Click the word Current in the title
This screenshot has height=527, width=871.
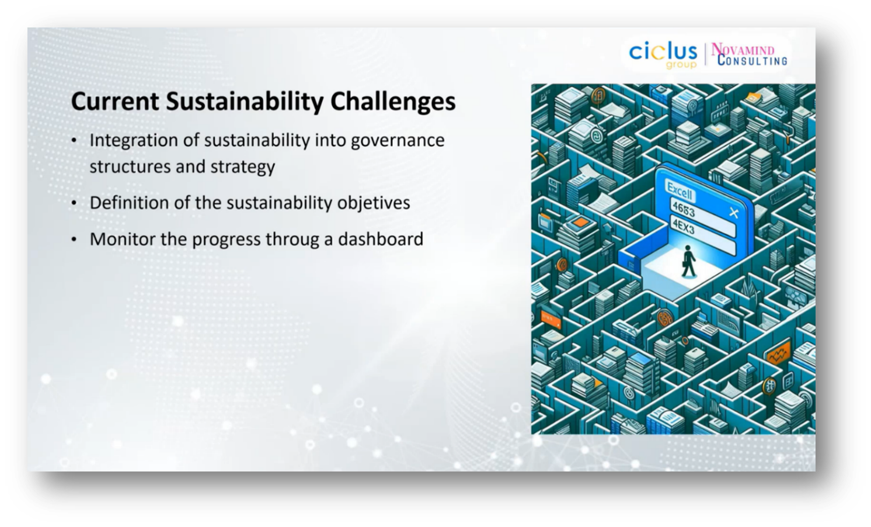[x=115, y=101]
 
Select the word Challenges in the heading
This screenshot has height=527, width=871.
[x=393, y=102]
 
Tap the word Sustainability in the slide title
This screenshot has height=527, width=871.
[x=245, y=102]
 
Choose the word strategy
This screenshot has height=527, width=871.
[x=243, y=167]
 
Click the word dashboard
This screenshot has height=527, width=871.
[x=381, y=239]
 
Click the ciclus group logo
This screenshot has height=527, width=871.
[x=663, y=55]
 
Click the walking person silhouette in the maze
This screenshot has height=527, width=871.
[x=688, y=261]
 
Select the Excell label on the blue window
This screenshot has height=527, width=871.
[x=680, y=190]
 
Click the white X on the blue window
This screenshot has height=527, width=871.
[x=734, y=213]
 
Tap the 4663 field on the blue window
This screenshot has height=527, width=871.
[x=683, y=209]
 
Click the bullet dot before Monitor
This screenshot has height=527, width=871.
[x=74, y=240]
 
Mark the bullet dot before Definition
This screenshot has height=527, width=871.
[x=74, y=203]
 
